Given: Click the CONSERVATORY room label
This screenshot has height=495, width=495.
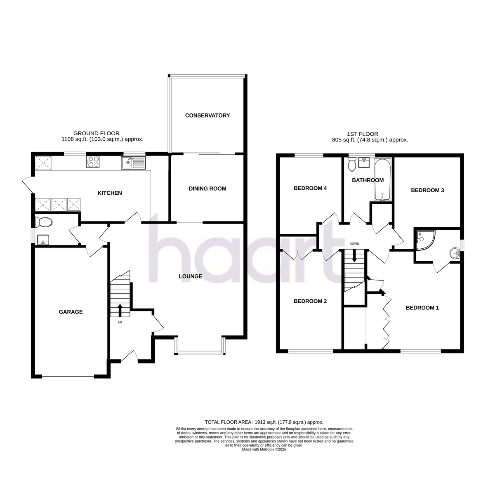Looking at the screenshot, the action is pyautogui.click(x=207, y=115).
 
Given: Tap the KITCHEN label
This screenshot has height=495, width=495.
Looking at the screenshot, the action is pyautogui.click(x=110, y=193).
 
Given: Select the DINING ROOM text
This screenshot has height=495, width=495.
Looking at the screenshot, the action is pyautogui.click(x=207, y=189).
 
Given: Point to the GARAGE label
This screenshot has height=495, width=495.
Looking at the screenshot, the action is pyautogui.click(x=71, y=312).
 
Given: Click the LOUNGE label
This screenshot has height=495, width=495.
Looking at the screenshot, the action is pyautogui.click(x=190, y=276).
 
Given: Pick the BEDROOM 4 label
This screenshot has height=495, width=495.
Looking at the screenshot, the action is pyautogui.click(x=310, y=188).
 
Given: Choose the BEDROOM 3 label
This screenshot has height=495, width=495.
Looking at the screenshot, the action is pyautogui.click(x=427, y=190).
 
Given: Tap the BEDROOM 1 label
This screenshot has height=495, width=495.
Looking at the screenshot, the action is pyautogui.click(x=422, y=308).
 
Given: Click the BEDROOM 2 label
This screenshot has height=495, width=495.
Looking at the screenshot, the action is pyautogui.click(x=310, y=301).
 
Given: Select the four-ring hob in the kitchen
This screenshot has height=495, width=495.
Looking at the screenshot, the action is pyautogui.click(x=93, y=162).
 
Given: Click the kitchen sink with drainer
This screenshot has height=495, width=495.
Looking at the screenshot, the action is pyautogui.click(x=133, y=163).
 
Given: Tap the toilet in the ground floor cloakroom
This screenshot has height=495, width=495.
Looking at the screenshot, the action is pyautogui.click(x=43, y=222).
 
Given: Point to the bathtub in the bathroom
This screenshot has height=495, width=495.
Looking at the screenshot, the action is pyautogui.click(x=383, y=179).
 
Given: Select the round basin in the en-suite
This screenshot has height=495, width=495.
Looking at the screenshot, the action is pyautogui.click(x=455, y=253).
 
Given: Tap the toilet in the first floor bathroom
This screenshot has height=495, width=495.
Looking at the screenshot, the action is pyautogui.click(x=351, y=164).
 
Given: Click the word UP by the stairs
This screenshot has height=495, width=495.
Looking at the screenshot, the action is pyautogui.click(x=120, y=323).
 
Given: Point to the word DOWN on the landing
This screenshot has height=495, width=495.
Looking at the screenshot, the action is pyautogui.click(x=354, y=244).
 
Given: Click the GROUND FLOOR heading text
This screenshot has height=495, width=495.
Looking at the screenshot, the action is pyautogui.click(x=97, y=133).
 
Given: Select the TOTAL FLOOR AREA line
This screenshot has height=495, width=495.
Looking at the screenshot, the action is pyautogui.click(x=264, y=422).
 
